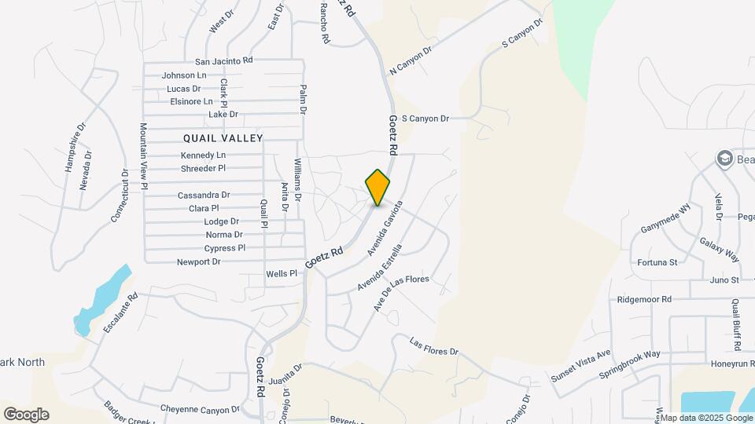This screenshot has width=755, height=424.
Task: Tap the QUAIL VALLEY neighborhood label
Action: [223, 137]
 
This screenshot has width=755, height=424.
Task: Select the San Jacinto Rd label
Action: [224, 60]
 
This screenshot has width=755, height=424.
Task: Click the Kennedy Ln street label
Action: [203, 155]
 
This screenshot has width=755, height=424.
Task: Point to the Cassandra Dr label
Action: [204, 195]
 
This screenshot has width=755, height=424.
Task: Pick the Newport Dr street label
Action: [198, 262]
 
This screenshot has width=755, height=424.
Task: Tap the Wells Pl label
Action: [282, 273]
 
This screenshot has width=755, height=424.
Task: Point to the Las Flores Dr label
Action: [434, 346]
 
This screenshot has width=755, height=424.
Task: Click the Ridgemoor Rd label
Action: [644, 299]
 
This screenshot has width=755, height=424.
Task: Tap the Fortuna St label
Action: [657, 262]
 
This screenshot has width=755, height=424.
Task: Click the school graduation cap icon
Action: [724, 159]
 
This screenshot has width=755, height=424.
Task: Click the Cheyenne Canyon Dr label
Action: [200, 409]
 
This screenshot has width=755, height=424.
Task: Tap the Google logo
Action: [26, 414]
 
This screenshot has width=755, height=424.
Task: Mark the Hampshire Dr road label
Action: [73, 148]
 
